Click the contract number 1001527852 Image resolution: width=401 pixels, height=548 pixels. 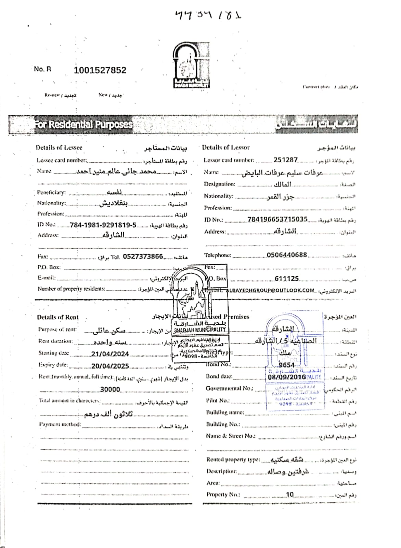[100, 70]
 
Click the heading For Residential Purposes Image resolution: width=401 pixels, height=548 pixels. [83, 124]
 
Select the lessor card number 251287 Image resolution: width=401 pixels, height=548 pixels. [285, 160]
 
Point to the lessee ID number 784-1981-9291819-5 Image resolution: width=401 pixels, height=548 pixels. [103, 225]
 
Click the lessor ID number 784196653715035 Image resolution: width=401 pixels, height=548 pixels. [277, 219]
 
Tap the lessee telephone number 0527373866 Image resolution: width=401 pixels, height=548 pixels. [143, 257]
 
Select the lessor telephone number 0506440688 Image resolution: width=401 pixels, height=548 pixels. [287, 255]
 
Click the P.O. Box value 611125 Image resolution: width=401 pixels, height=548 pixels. [287, 279]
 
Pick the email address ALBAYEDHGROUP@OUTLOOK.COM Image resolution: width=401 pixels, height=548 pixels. [270, 290]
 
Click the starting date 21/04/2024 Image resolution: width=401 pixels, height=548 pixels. [110, 354]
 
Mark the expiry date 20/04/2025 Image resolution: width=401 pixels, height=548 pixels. [110, 366]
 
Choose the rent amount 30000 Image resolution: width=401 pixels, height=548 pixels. [110, 389]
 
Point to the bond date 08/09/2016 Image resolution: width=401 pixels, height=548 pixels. [287, 377]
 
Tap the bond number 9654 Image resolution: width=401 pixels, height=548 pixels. [286, 365]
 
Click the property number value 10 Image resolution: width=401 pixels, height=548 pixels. [290, 495]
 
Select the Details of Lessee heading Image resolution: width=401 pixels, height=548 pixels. [59, 148]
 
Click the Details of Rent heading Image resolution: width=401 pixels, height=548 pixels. [58, 317]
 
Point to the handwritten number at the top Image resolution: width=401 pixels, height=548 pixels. [208, 15]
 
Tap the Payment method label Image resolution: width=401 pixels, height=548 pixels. [60, 424]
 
